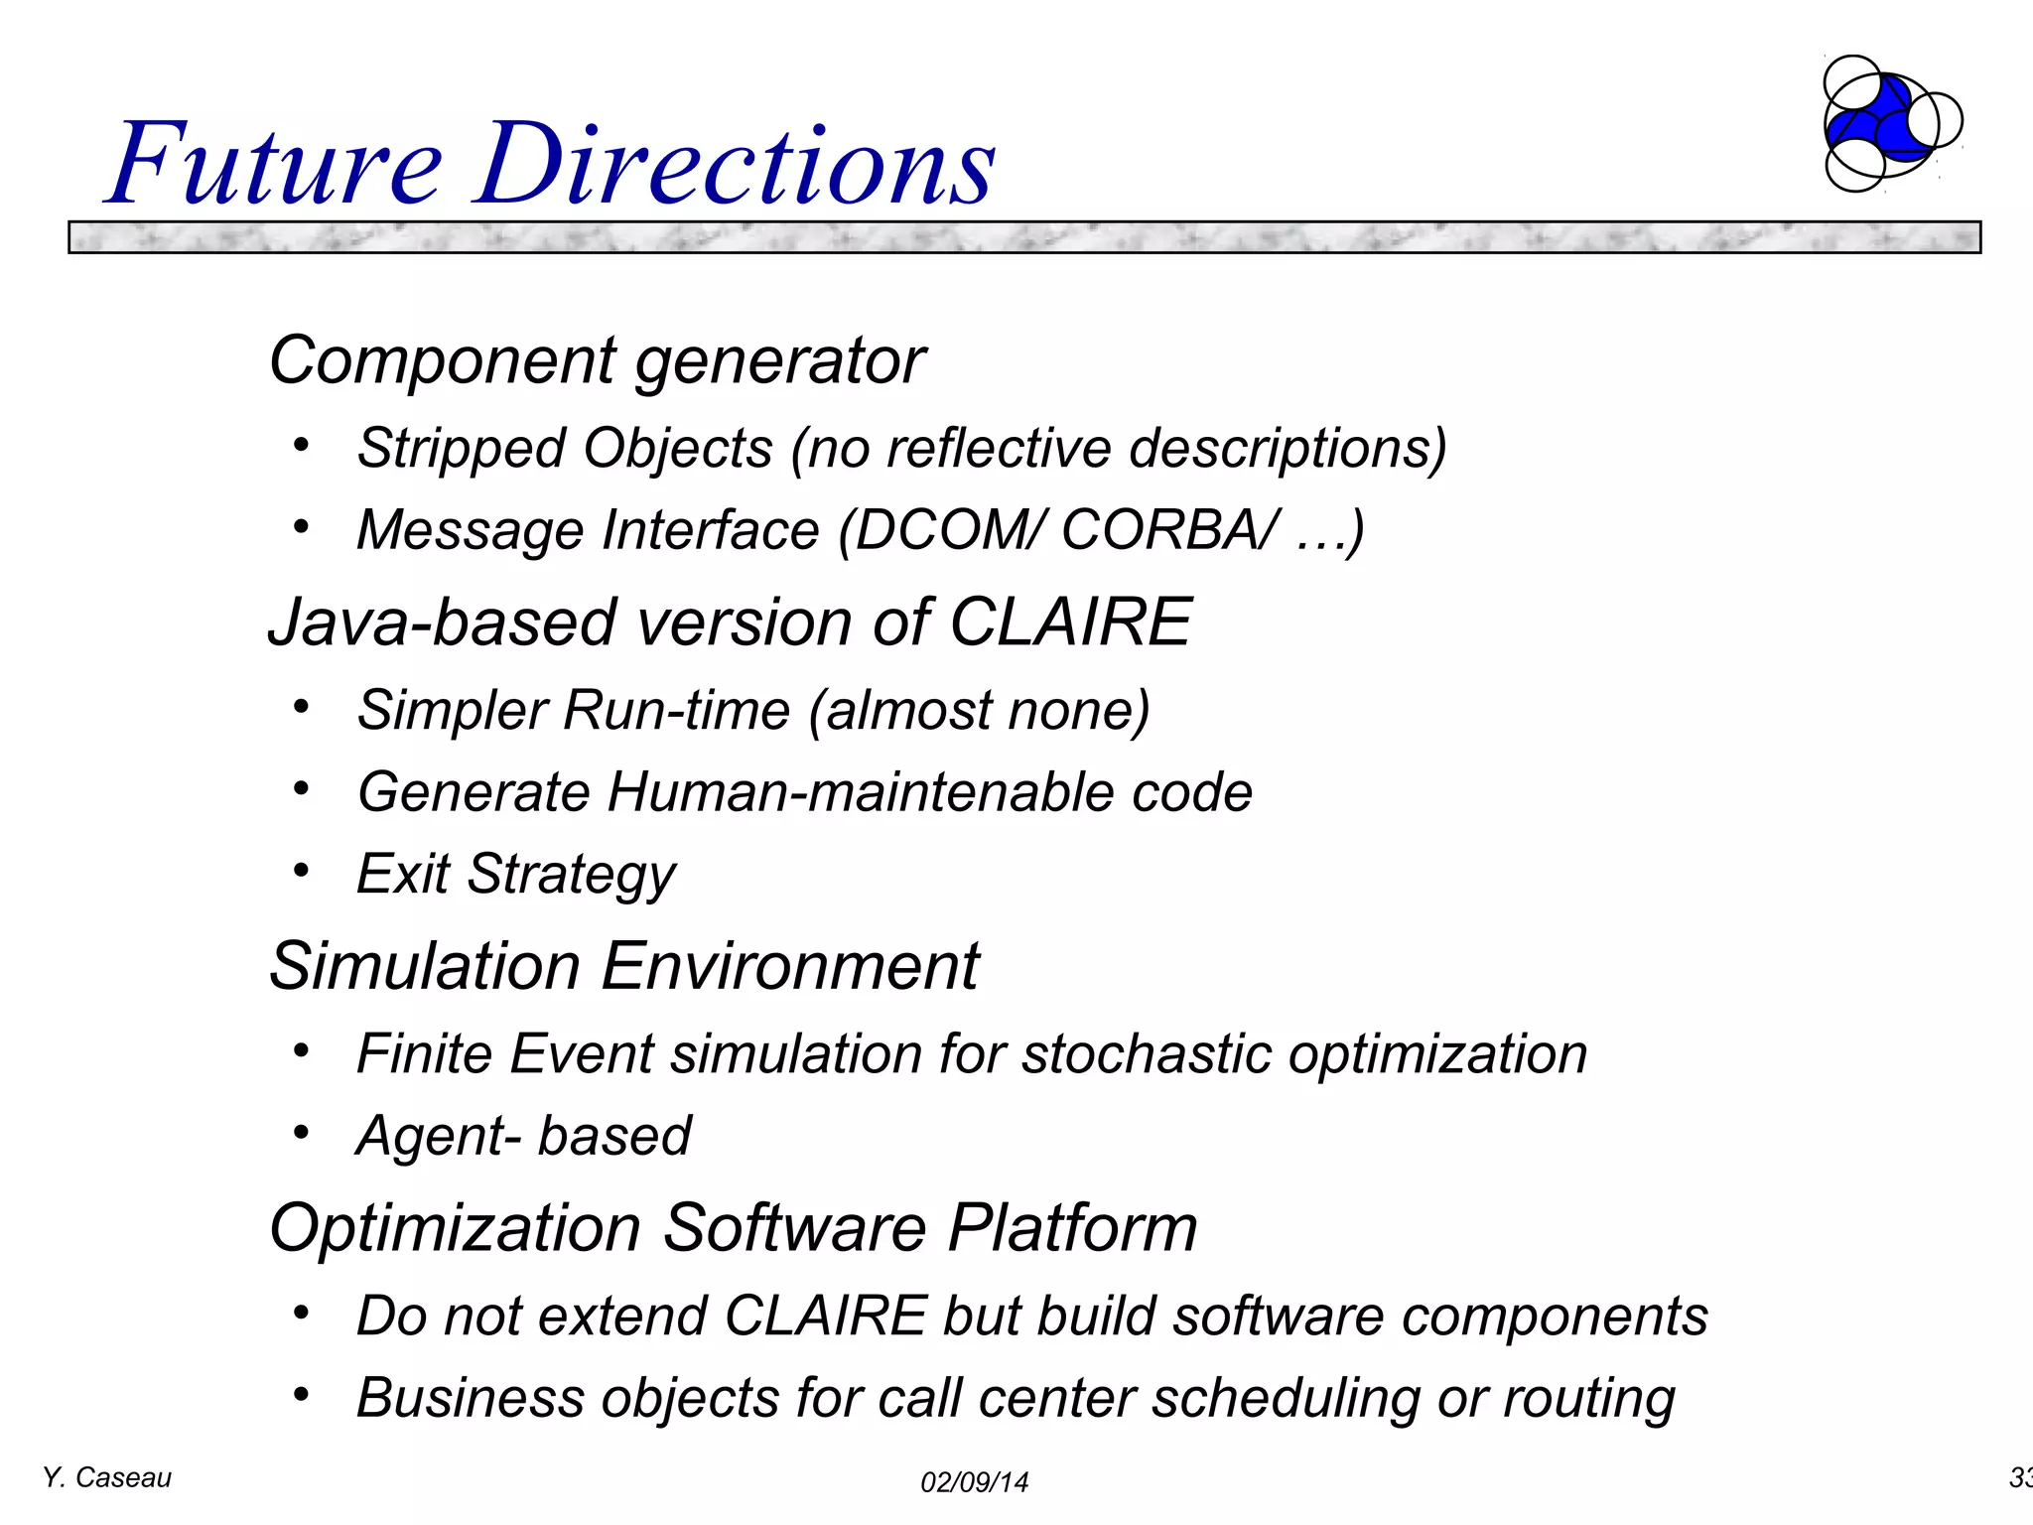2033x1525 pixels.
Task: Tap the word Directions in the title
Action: (735, 164)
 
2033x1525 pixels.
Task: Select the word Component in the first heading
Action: (443, 360)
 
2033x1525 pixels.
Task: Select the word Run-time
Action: (677, 711)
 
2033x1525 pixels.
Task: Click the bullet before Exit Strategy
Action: (301, 871)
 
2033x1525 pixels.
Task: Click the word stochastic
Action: (1147, 1054)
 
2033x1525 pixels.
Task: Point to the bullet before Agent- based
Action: (301, 1133)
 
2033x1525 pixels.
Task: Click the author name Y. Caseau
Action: (107, 1478)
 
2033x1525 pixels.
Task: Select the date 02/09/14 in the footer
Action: (974, 1482)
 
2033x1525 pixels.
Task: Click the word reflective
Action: (999, 449)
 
